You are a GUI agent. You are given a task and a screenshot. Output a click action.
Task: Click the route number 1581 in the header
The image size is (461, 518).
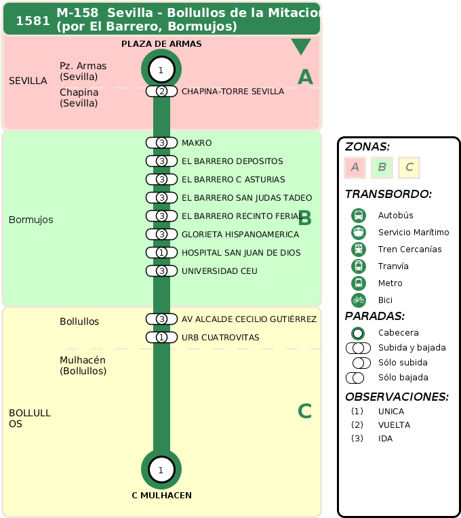33,20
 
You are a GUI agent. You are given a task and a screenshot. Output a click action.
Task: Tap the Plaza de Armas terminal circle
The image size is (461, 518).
161,70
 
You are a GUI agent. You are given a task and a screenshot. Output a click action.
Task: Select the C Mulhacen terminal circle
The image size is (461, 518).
161,469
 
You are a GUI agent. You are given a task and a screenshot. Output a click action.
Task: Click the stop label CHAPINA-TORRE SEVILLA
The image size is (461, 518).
233,92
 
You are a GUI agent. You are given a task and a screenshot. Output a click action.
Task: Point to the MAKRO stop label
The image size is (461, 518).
197,143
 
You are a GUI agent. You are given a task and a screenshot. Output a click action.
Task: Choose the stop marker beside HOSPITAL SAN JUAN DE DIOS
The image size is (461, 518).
161,253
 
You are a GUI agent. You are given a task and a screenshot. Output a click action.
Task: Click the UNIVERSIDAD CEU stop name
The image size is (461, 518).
219,271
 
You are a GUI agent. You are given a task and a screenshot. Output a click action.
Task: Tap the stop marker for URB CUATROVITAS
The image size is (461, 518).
161,338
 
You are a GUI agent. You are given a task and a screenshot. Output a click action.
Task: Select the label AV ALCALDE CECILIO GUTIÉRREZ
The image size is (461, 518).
249,319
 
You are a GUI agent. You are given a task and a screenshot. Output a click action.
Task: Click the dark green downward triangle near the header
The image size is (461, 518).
301,47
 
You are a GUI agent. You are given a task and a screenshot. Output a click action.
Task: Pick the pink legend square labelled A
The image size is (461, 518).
355,167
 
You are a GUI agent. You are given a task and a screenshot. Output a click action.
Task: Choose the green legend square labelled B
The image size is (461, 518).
382,167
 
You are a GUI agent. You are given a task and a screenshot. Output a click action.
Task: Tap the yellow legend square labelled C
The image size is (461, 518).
409,167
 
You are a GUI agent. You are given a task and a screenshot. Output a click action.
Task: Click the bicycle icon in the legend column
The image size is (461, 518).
359,300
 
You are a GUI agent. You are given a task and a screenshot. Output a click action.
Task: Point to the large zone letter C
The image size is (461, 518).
305,412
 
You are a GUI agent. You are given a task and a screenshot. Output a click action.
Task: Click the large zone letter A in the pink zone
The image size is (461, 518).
305,78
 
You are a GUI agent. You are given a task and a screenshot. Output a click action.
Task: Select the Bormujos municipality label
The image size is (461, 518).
31,220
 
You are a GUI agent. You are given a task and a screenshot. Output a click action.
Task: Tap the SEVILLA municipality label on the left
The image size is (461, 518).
28,81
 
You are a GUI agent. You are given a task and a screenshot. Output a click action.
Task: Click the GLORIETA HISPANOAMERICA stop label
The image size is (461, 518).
240,235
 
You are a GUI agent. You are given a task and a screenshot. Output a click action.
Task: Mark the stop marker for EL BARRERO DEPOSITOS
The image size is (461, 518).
161,161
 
